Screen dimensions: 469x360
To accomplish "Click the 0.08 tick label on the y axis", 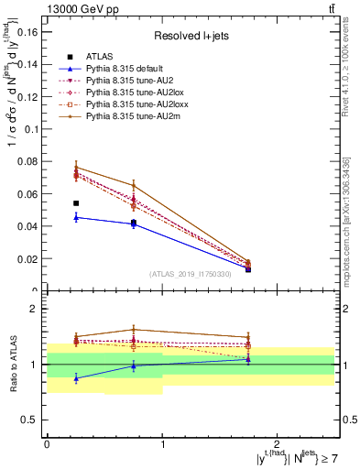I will coord(27,161).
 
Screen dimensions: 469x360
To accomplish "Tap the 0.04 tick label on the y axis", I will coord(27,226).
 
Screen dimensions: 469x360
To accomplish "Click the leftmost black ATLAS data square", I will coord(76,203).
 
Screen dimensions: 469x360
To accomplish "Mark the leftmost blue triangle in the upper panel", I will coord(76,217).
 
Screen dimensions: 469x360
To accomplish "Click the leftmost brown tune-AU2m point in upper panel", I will coord(76,168).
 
